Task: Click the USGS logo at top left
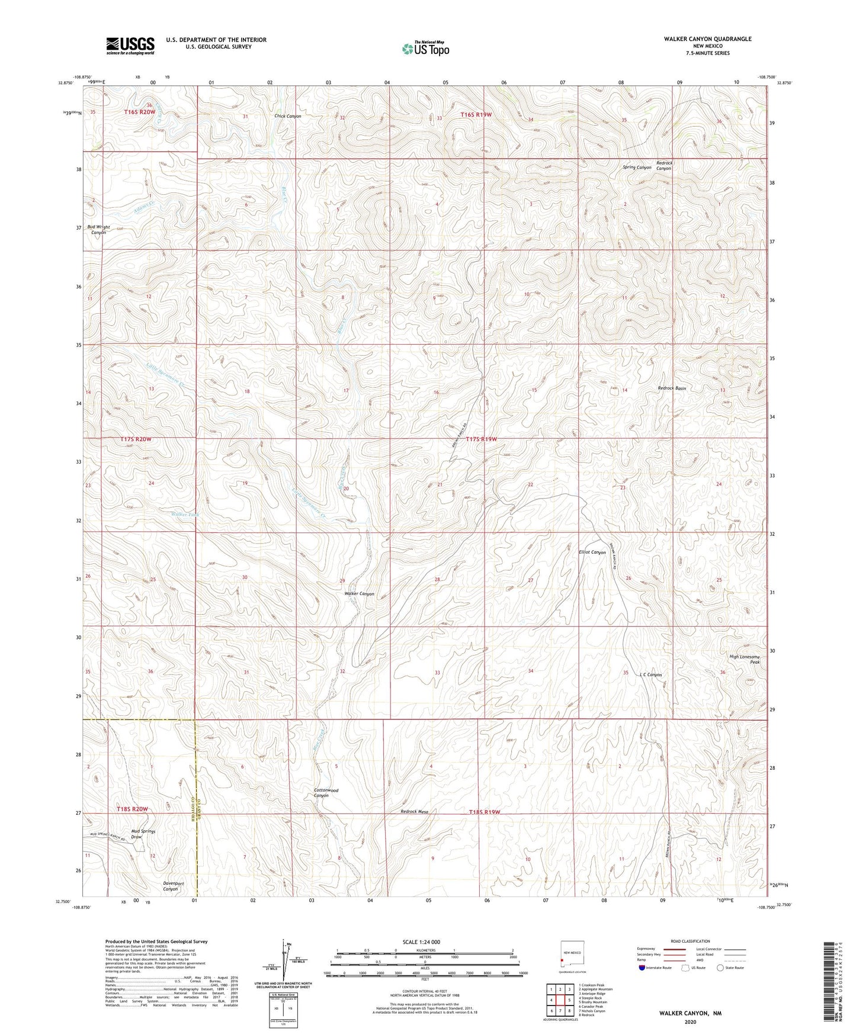[130, 46]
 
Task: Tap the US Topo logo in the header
[425, 49]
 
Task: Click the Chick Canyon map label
[288, 117]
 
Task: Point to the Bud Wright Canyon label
[98, 230]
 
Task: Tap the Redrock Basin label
[672, 388]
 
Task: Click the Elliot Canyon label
[592, 552]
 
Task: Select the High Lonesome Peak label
[744, 659]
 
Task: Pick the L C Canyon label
[650, 675]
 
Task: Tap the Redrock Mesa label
[414, 812]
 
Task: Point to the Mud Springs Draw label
[143, 834]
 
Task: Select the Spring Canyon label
[637, 168]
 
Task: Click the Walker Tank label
[185, 515]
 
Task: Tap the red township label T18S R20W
[132, 809]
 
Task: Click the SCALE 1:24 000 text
[421, 942]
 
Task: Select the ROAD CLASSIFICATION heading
[690, 941]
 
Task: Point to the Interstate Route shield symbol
[642, 968]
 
